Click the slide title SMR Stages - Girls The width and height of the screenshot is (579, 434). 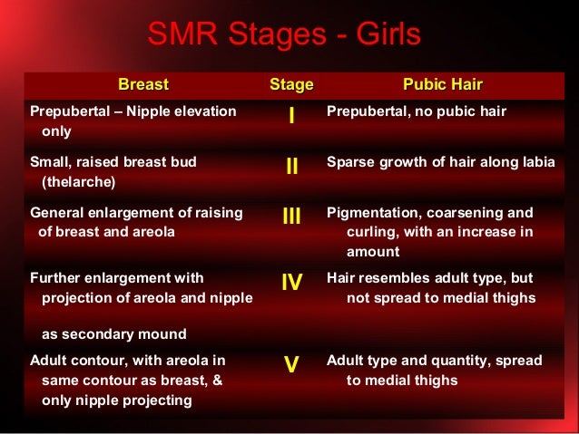[x=284, y=35]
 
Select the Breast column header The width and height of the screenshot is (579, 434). [x=142, y=85]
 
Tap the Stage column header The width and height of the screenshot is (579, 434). [x=291, y=85]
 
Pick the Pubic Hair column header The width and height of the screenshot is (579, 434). [x=443, y=85]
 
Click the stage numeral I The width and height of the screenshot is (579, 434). [x=291, y=118]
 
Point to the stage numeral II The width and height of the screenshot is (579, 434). [x=291, y=167]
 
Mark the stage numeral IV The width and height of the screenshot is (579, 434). [x=291, y=282]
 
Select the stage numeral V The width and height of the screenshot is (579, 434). [x=291, y=365]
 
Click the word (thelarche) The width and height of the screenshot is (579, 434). [x=79, y=181]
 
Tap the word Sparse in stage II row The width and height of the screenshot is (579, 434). [x=350, y=162]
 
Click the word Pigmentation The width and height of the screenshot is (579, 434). [x=372, y=213]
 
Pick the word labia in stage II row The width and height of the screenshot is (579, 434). [x=535, y=162]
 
